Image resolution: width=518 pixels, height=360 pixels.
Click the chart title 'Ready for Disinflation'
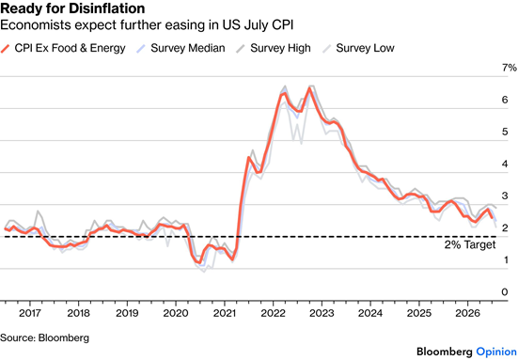pyautogui.click(x=72, y=8)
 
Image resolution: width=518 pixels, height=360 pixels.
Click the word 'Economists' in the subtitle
pyautogui.click(x=36, y=25)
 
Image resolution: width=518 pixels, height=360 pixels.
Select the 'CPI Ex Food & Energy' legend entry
pyautogui.click(x=63, y=48)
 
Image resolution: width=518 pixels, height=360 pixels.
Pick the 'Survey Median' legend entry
pyautogui.click(x=181, y=48)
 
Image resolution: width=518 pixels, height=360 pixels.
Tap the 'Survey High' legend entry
pyautogui.click(x=274, y=48)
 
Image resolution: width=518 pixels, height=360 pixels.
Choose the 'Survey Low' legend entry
pyautogui.click(x=358, y=48)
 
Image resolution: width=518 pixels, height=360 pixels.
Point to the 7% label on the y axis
pyautogui.click(x=510, y=68)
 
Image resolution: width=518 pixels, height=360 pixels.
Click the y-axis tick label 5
pyautogui.click(x=505, y=132)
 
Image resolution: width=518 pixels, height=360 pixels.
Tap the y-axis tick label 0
pyautogui.click(x=505, y=292)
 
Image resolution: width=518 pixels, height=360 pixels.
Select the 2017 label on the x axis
pyautogui.click(x=30, y=313)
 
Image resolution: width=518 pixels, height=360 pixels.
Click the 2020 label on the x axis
pyautogui.click(x=176, y=313)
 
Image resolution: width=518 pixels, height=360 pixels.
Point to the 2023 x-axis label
pyautogui.click(x=322, y=313)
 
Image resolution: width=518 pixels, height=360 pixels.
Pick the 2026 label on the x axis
pyautogui.click(x=467, y=313)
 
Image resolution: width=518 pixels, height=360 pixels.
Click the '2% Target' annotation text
pyautogui.click(x=470, y=244)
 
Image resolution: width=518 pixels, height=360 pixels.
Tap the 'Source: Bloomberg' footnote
pyautogui.click(x=44, y=337)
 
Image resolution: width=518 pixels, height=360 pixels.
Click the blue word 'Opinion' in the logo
pyautogui.click(x=496, y=352)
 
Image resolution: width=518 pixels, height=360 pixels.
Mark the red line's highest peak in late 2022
pyautogui.click(x=309, y=87)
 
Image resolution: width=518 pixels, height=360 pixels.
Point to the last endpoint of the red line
pyautogui.click(x=493, y=218)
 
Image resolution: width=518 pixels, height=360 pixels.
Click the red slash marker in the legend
pyautogui.click(x=6, y=48)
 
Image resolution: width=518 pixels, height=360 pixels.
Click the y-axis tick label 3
pyautogui.click(x=505, y=196)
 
